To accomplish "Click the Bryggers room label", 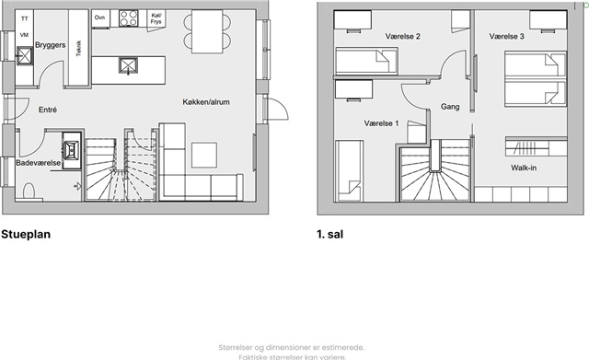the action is click(51, 45).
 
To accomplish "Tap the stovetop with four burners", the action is click(129, 18).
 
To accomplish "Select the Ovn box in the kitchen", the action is click(100, 18).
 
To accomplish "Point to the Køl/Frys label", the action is click(156, 18).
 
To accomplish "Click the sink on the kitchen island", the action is click(129, 65).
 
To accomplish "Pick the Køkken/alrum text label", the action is click(206, 102).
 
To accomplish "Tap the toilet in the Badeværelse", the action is click(29, 192).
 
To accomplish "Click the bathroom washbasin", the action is click(72, 149).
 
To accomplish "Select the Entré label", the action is click(48, 110).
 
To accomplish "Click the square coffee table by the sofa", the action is click(204, 155).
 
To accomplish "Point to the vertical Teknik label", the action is click(78, 49).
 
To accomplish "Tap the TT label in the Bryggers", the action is click(25, 18).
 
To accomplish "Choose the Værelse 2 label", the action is click(403, 37).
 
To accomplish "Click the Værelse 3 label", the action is click(507, 37).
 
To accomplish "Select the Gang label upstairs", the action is click(450, 107).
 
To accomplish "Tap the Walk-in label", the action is click(524, 168).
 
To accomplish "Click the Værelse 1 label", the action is click(381, 123).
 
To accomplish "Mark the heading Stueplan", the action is click(26, 234).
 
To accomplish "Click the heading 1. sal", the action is click(330, 234).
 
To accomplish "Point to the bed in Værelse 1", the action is click(350, 171).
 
